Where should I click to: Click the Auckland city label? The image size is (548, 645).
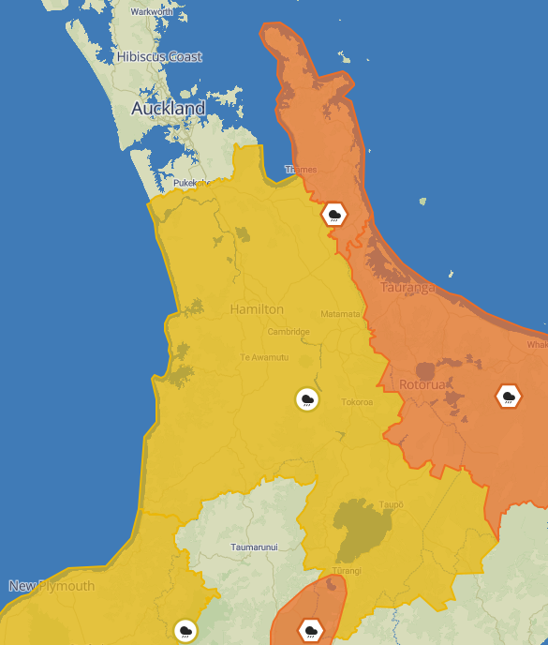(168, 109)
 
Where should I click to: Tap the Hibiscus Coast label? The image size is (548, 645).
(159, 57)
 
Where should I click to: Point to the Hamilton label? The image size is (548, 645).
(257, 309)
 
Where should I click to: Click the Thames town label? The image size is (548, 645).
(301, 170)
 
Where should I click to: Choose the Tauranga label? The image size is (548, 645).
(408, 288)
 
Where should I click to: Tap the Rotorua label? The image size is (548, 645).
(423, 384)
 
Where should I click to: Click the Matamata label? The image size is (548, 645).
(340, 314)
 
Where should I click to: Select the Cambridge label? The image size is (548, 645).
(289, 332)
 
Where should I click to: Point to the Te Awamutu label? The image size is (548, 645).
(264, 357)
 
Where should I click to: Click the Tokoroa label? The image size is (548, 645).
(357, 402)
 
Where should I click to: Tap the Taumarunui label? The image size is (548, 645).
(255, 547)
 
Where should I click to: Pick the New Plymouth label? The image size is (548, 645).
(52, 586)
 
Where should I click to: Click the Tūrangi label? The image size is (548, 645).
(346, 571)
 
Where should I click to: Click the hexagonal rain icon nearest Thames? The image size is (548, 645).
(334, 215)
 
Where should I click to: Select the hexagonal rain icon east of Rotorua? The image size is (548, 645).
(509, 397)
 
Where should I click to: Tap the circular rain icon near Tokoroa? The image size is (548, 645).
(306, 399)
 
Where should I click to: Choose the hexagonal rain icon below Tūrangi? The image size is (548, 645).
(311, 630)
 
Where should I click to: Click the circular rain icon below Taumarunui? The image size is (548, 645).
(185, 630)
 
